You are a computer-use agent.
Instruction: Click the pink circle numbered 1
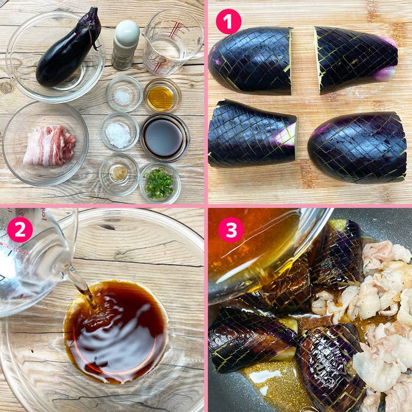(x=228, y=21)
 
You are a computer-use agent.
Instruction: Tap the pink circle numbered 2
(x=20, y=230)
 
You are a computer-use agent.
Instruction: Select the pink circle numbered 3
(x=231, y=230)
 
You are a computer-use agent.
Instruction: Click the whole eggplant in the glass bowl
(x=69, y=49)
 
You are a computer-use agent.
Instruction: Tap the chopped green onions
(x=159, y=184)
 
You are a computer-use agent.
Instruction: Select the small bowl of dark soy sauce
(x=165, y=137)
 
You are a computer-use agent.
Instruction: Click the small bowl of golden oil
(x=162, y=95)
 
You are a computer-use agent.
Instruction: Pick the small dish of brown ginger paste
(x=119, y=174)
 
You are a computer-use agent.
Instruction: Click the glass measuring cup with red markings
(x=173, y=42)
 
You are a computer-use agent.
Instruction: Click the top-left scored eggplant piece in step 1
(x=250, y=61)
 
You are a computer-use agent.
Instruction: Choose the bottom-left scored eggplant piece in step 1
(x=252, y=134)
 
